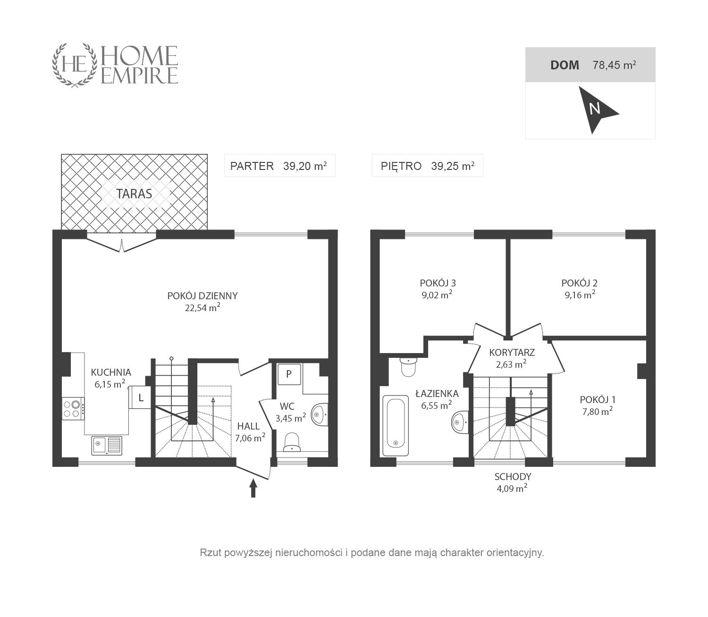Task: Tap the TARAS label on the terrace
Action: (x=134, y=194)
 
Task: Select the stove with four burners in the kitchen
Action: (x=73, y=409)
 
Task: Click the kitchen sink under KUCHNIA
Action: (x=107, y=446)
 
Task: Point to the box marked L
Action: (x=140, y=397)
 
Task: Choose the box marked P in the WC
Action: (x=289, y=373)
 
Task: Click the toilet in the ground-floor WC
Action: (x=291, y=442)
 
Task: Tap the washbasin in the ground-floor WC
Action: (x=320, y=414)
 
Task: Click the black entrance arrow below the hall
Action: (x=253, y=488)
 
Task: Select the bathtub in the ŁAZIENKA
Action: (x=396, y=425)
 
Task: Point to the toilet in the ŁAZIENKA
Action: (x=408, y=367)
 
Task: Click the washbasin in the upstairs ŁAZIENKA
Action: (x=460, y=422)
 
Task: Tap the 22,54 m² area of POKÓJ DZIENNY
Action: (x=203, y=307)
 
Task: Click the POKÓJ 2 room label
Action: (x=579, y=283)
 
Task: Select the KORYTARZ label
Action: (x=512, y=352)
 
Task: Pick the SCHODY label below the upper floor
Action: (x=513, y=476)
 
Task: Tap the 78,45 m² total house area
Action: (x=614, y=65)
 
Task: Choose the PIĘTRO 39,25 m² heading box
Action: (x=427, y=166)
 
